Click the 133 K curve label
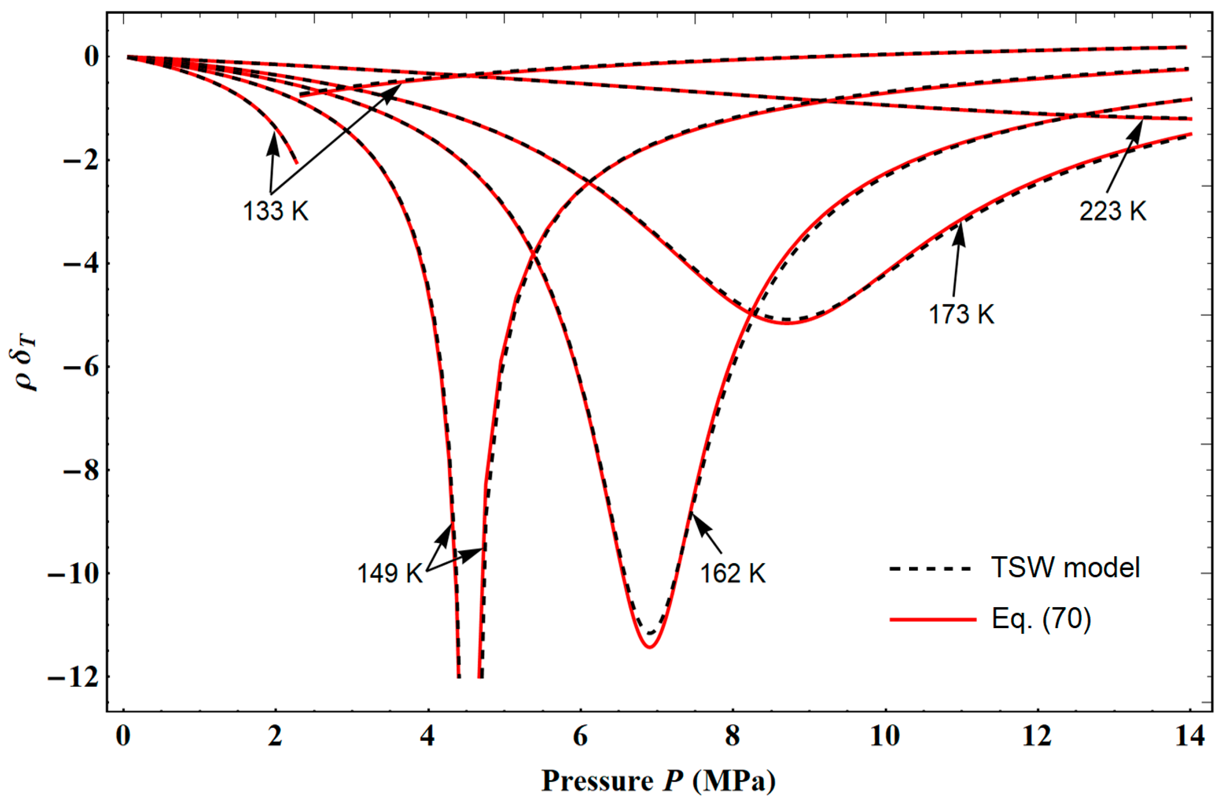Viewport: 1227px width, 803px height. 276,211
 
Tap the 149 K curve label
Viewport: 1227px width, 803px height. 390,573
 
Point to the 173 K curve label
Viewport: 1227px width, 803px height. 961,314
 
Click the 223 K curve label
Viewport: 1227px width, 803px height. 1113,211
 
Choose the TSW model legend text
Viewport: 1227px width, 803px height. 1066,568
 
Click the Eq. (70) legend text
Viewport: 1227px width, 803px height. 1042,619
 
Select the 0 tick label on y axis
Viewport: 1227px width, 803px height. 91,57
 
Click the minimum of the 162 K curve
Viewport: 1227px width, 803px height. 650,646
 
